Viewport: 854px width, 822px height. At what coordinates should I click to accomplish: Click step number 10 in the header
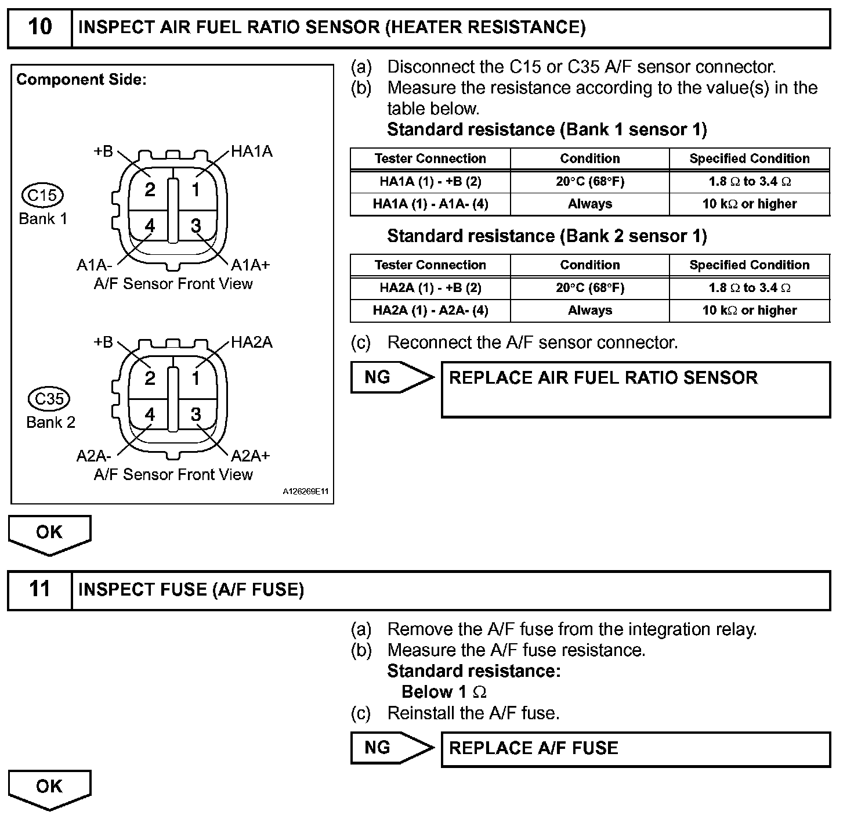coord(39,27)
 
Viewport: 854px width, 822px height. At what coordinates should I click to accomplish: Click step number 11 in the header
coord(39,589)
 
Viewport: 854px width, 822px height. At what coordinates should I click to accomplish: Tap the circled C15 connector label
coord(42,195)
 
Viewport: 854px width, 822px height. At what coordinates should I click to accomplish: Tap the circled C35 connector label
coord(49,399)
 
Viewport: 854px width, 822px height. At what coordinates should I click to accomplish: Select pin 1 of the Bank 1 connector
coord(196,189)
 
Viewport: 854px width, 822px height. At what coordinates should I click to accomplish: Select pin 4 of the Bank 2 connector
coord(150,414)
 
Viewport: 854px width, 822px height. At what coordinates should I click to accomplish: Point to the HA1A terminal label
coord(252,152)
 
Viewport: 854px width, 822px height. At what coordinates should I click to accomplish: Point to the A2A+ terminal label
coord(251,456)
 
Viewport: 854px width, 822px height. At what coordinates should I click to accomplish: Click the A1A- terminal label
coord(94,265)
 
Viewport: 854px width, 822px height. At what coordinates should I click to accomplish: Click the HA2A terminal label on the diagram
coord(252,342)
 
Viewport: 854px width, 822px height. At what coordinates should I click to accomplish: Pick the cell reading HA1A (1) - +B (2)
coord(430,182)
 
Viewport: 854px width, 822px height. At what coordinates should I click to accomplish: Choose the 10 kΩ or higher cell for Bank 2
coord(750,311)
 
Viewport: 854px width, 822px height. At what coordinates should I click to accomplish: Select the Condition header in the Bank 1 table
coord(589,158)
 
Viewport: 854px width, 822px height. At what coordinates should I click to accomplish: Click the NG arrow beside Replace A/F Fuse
coord(392,748)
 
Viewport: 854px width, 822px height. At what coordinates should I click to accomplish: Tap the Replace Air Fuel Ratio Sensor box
coord(635,389)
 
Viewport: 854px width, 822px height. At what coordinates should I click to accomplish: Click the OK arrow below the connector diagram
coord(49,534)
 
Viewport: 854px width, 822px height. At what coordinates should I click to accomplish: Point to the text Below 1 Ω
coord(444,692)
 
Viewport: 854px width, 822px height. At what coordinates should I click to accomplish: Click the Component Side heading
coord(81,80)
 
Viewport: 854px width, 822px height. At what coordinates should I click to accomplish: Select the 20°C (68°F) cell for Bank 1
coord(589,182)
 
